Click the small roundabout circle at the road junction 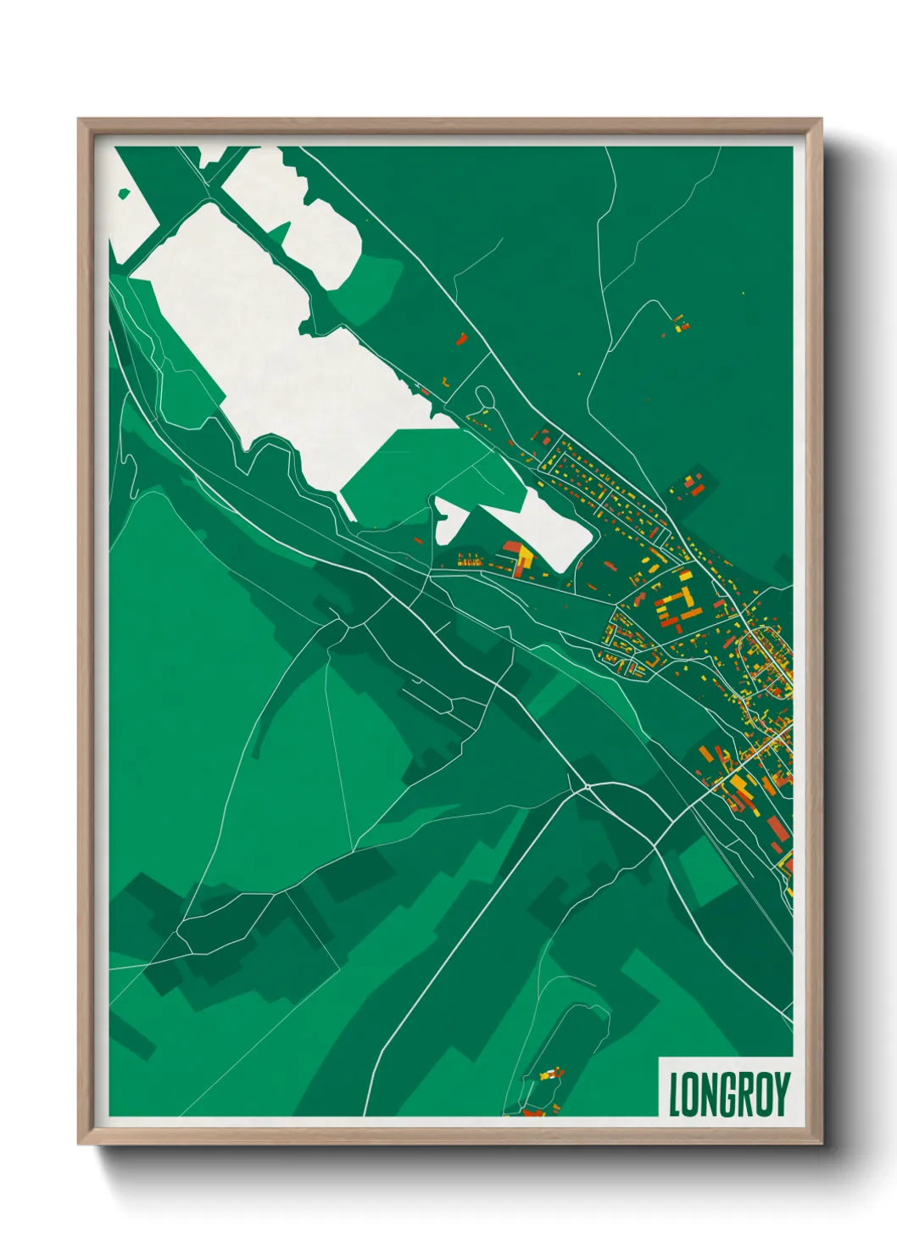point(588,788)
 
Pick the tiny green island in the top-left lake point(125,194)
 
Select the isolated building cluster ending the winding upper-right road point(679,323)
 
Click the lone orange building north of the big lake point(461,338)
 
